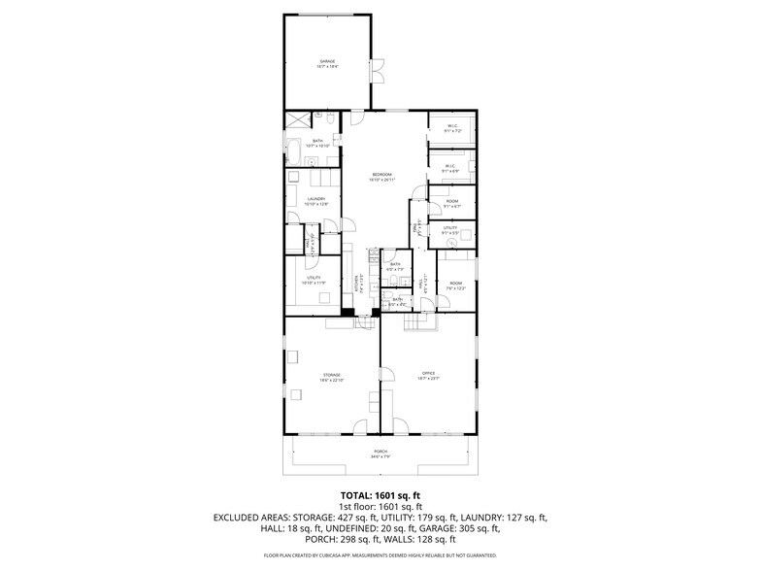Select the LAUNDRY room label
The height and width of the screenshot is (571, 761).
point(315,201)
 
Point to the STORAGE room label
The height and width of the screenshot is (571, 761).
point(332,376)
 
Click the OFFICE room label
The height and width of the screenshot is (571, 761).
point(428,376)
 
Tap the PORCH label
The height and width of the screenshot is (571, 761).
point(380,453)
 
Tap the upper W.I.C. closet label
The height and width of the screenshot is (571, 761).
point(451,127)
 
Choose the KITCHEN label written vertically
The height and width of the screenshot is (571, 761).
point(357,283)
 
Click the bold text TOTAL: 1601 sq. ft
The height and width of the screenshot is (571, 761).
point(380,495)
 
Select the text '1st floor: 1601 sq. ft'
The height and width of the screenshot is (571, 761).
point(380,507)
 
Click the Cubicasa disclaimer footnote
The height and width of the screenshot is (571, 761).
point(380,556)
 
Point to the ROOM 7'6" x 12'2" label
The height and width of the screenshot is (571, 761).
point(455,285)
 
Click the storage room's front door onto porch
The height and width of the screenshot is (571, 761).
point(361,427)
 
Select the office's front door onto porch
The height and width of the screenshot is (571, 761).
point(398,427)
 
